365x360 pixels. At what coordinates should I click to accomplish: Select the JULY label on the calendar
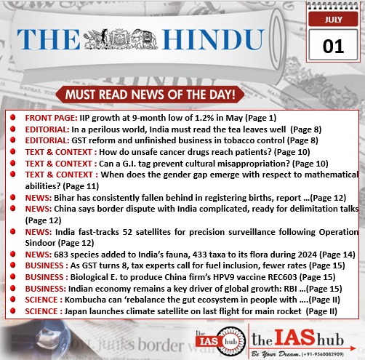coord(334,20)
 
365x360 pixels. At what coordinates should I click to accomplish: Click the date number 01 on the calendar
coord(333,46)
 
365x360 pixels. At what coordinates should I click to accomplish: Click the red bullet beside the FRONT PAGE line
coord(14,118)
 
